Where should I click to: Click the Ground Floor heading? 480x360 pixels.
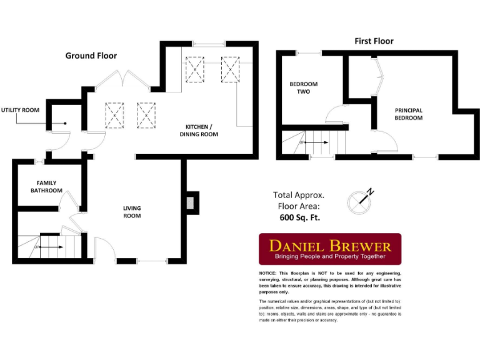91,56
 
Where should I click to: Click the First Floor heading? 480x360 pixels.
374,41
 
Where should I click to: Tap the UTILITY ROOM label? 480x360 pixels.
20,110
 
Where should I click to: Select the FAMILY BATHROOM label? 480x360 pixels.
47,186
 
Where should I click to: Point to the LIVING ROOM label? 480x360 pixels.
131,212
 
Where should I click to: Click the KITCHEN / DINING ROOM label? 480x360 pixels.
199,130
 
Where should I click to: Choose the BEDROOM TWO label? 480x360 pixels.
303,87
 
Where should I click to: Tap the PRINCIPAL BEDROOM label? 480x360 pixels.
408,114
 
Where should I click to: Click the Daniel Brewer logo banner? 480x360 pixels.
330,249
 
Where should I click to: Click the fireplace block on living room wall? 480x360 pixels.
192,202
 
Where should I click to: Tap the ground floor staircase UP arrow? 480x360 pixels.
51,247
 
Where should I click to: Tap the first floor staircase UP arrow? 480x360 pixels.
316,143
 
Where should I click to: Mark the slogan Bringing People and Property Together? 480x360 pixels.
330,257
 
